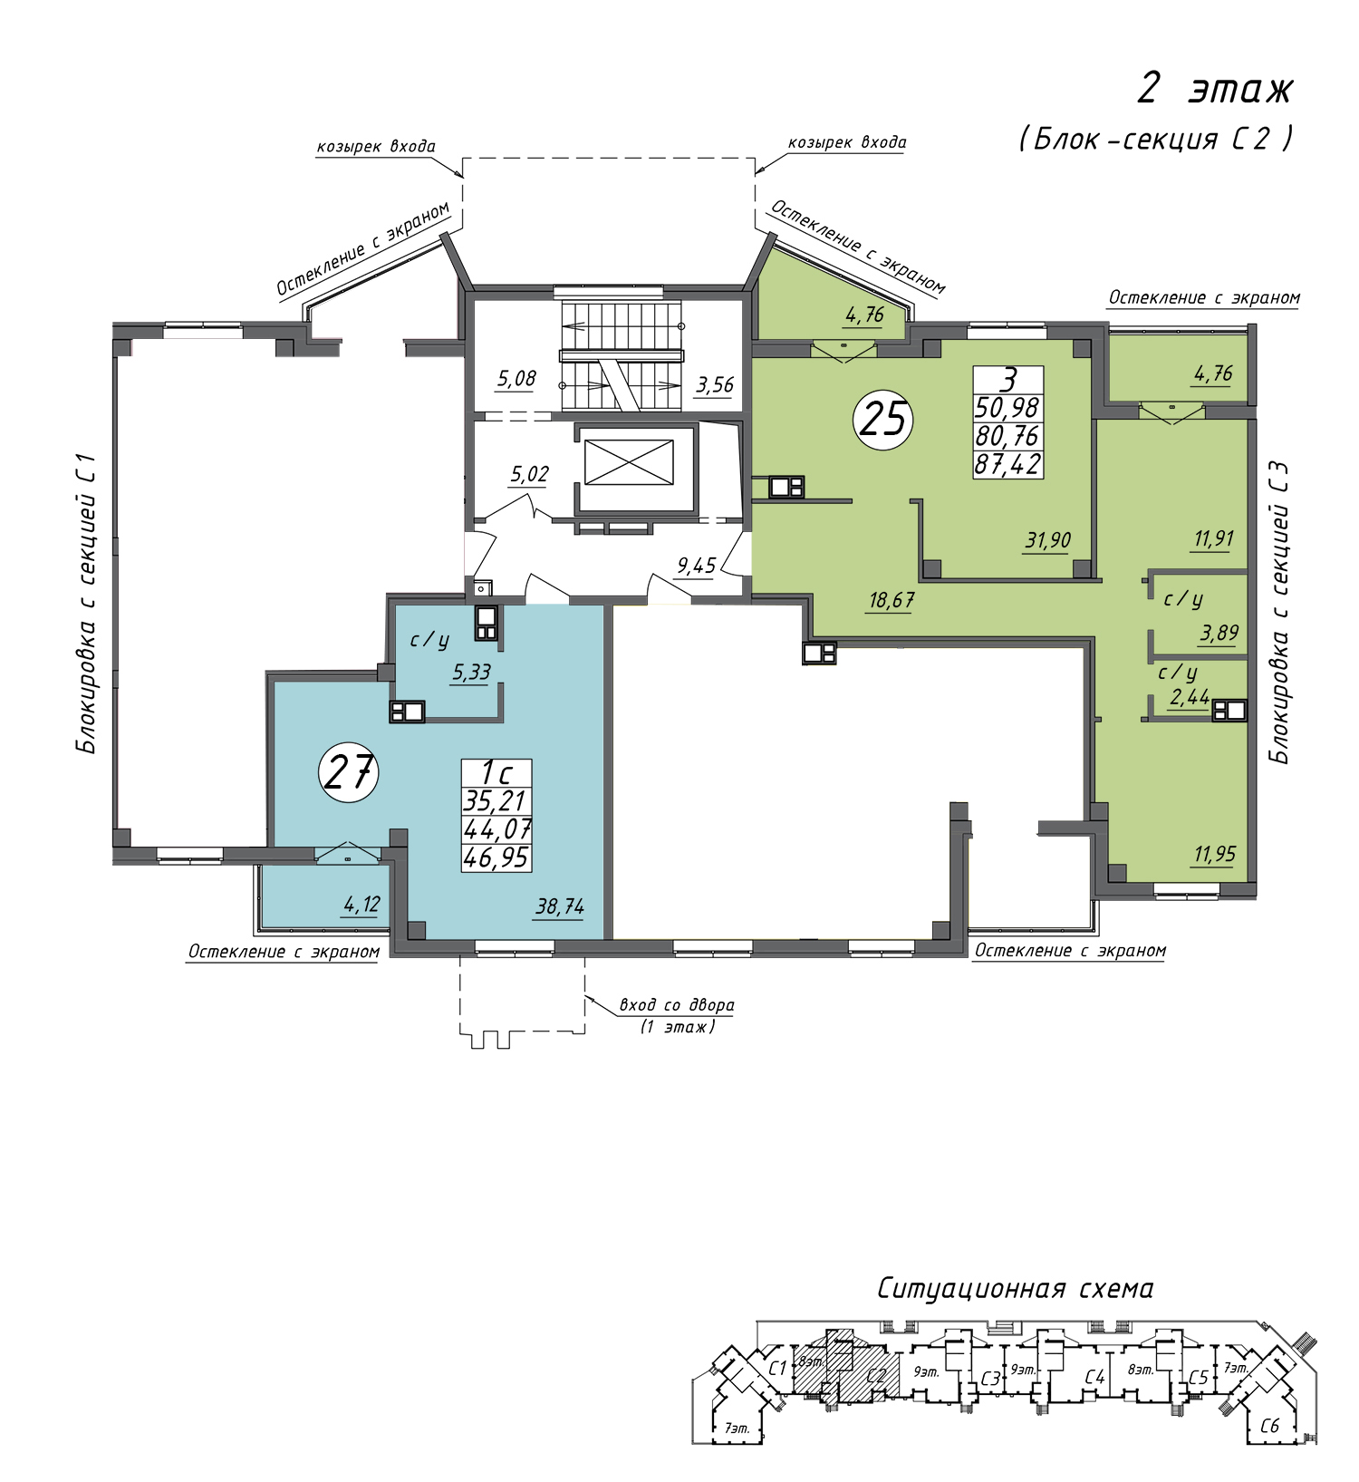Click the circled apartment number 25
click(883, 419)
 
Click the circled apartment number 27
click(349, 772)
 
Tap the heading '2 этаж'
click(1216, 90)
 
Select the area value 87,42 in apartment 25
click(1008, 465)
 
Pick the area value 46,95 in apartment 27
click(496, 857)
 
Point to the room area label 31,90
click(1048, 541)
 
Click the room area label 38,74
click(560, 906)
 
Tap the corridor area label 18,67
click(892, 600)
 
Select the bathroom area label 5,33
click(471, 672)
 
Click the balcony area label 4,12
click(361, 904)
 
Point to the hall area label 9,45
click(697, 567)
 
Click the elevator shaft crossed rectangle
click(629, 462)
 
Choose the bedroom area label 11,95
click(1215, 854)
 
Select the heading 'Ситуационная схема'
click(1016, 1289)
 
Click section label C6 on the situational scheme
click(1270, 1426)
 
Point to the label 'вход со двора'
click(677, 1004)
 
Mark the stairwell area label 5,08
click(516, 379)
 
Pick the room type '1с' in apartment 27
click(496, 773)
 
